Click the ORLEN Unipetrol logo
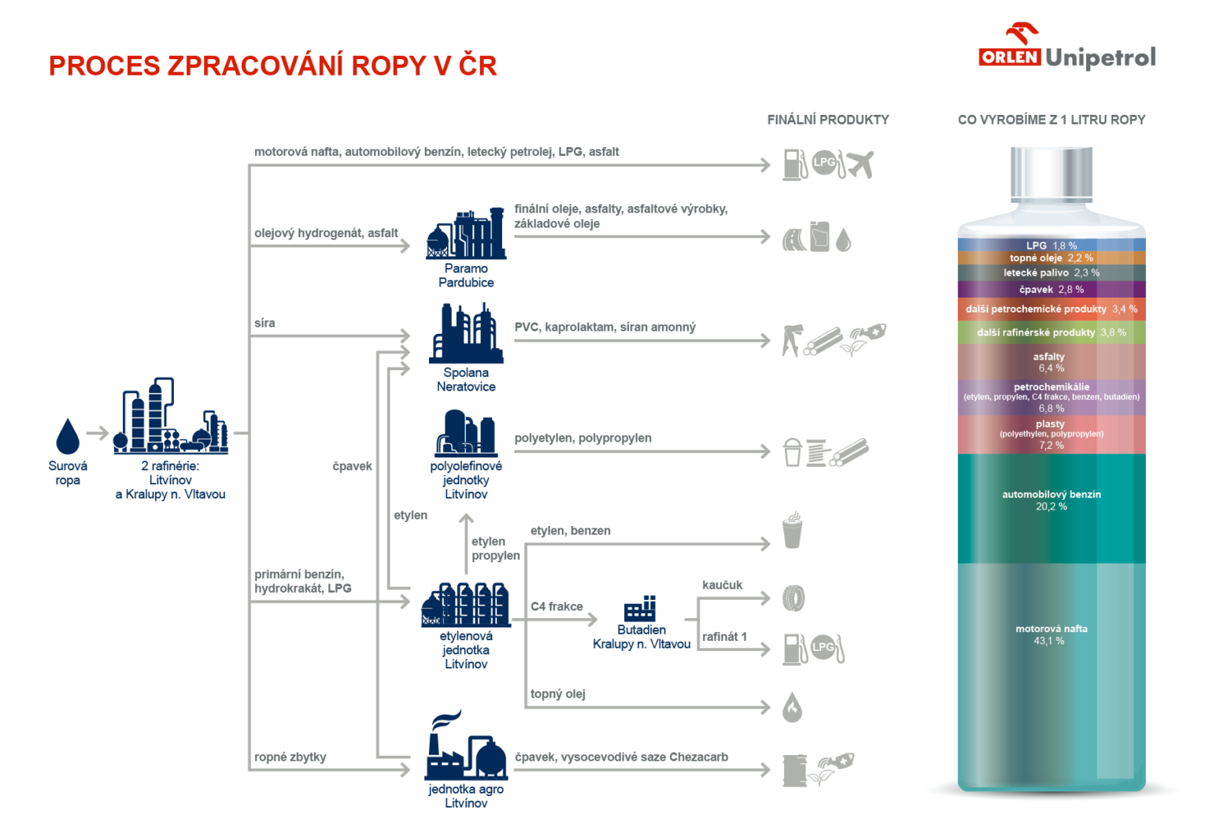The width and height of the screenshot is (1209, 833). click(x=1067, y=49)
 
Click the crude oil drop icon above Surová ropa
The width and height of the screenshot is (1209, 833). click(x=68, y=436)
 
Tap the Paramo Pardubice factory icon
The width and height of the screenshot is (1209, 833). click(x=466, y=234)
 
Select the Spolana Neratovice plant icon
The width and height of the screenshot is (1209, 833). click(x=466, y=334)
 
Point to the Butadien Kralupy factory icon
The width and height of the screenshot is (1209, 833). click(x=640, y=609)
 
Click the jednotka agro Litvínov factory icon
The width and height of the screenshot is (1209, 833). click(x=465, y=748)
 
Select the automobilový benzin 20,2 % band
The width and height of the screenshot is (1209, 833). click(x=1052, y=508)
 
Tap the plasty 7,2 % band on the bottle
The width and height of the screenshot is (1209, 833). click(x=1052, y=435)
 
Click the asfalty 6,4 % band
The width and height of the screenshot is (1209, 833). click(x=1052, y=362)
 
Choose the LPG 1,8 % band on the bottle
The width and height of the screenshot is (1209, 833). click(x=1052, y=246)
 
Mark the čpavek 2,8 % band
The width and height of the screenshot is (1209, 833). click(x=1052, y=290)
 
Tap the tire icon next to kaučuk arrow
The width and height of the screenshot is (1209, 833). click(x=794, y=598)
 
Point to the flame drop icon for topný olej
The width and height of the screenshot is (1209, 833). click(x=793, y=708)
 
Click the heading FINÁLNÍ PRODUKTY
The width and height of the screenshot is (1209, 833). click(x=828, y=120)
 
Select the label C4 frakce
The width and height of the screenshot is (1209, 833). click(x=556, y=606)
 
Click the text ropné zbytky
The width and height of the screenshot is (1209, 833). click(x=290, y=757)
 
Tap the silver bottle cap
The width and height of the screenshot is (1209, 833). click(x=1052, y=173)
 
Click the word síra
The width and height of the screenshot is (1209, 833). click(x=264, y=323)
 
